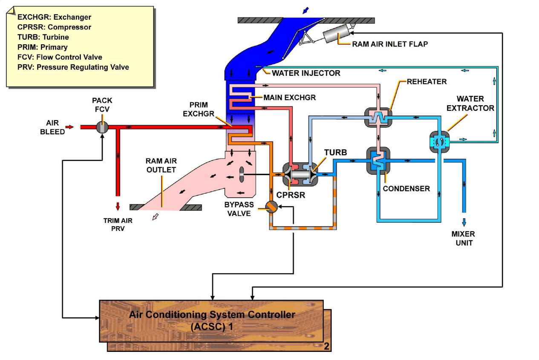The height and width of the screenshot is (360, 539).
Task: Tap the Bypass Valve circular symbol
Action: click(271, 207)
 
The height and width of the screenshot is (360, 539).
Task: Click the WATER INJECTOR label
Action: click(306, 73)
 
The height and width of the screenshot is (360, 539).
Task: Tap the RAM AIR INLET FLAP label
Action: click(389, 44)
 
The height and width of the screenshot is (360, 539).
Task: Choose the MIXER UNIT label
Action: click(463, 239)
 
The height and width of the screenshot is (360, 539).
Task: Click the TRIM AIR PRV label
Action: click(118, 225)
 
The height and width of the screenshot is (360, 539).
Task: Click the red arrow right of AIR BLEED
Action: click(70, 127)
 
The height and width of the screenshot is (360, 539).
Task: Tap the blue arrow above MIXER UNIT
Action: click(464, 222)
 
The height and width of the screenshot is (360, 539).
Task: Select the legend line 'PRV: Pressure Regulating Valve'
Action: click(73, 67)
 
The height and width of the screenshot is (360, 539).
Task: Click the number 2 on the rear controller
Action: click(326, 346)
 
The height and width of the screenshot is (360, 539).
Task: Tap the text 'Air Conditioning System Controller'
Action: click(212, 315)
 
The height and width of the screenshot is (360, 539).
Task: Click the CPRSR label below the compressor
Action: click(291, 196)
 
